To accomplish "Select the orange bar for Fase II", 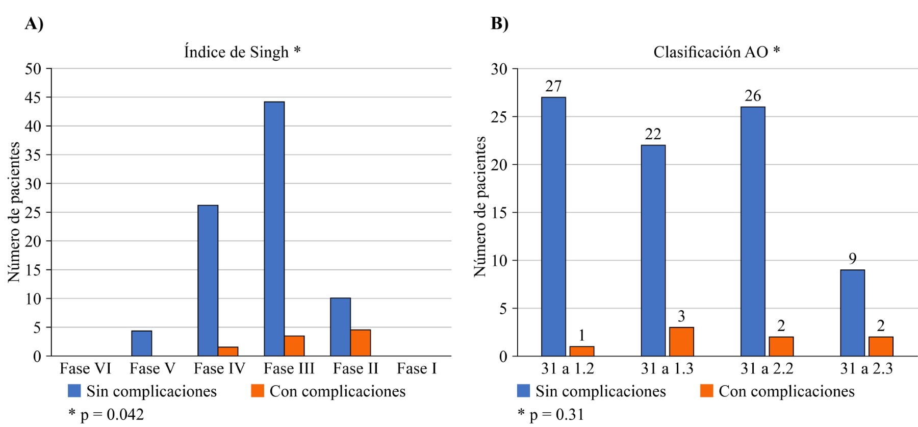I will click(x=361, y=343).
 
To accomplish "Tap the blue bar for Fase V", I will click(x=141, y=343).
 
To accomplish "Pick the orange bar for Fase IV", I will click(x=228, y=351).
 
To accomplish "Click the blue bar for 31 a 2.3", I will click(x=852, y=313).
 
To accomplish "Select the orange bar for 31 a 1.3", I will click(x=681, y=342).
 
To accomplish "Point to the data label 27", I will click(x=553, y=86).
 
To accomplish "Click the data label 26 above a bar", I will click(x=753, y=96).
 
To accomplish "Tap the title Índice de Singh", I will click(x=242, y=52).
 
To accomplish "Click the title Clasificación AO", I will click(x=716, y=52).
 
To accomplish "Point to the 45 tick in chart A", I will click(x=33, y=97).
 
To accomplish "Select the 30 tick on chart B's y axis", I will click(x=499, y=69).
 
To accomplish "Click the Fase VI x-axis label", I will click(x=85, y=368).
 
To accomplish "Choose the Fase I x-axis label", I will click(x=417, y=368).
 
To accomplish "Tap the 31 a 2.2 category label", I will click(x=767, y=368).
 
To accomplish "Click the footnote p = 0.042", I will click(x=107, y=414).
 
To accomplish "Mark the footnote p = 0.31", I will click(x=551, y=414).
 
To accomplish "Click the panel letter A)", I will click(x=34, y=23).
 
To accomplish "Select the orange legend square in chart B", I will click(x=706, y=391).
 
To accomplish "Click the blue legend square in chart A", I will click(x=74, y=391).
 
